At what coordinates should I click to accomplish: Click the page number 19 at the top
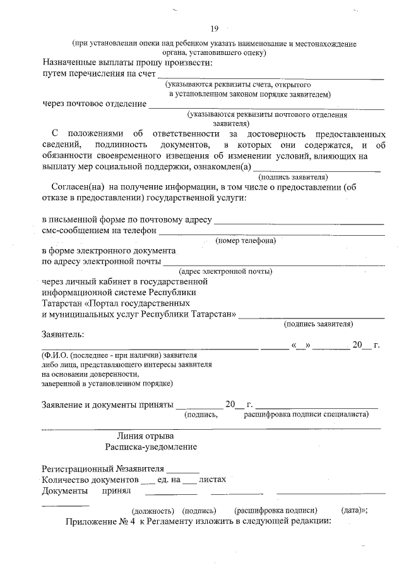pyautogui.click(x=214, y=28)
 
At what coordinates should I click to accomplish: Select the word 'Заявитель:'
pyautogui.click(x=63, y=334)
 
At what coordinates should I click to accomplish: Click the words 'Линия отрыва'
pyautogui.click(x=146, y=435)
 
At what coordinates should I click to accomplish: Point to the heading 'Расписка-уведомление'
pyautogui.click(x=151, y=447)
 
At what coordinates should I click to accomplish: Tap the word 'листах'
pyautogui.click(x=212, y=480)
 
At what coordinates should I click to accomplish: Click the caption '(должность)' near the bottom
pyautogui.click(x=152, y=510)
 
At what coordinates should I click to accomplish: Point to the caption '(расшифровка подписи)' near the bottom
pyautogui.click(x=275, y=510)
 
